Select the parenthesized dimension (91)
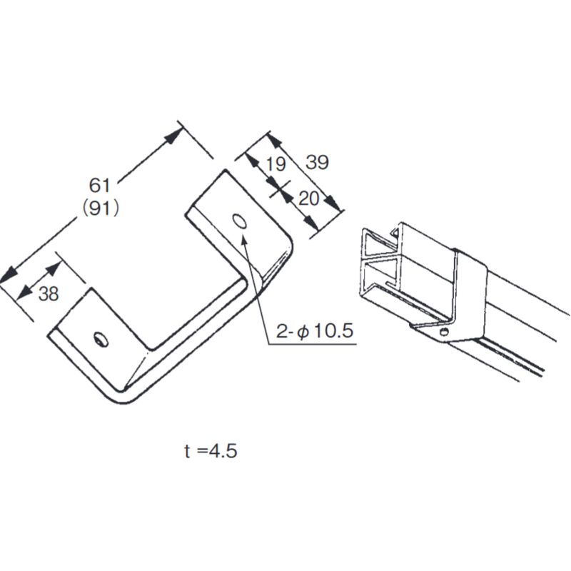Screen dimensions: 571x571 (99, 208)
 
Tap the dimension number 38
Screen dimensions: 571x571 (49, 293)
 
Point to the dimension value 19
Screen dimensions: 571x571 (275, 164)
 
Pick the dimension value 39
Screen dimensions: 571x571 (317, 163)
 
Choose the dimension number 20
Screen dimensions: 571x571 (308, 198)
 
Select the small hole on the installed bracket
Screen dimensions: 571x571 (445, 332)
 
